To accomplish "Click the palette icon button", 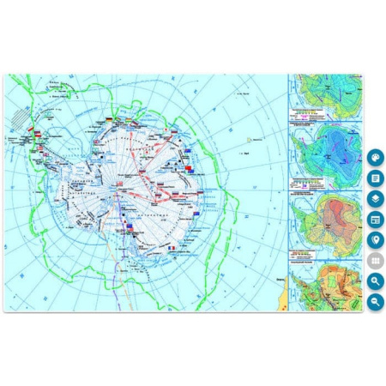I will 375,158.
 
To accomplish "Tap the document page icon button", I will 375,178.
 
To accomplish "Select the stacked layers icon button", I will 375,199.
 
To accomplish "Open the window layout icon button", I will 375,220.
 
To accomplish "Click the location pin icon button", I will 375,240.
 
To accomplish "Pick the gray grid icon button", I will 375,261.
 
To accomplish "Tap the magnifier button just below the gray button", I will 375,281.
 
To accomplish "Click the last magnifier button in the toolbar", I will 375,302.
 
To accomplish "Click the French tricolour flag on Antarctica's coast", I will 172,248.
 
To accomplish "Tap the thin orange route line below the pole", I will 130,257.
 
